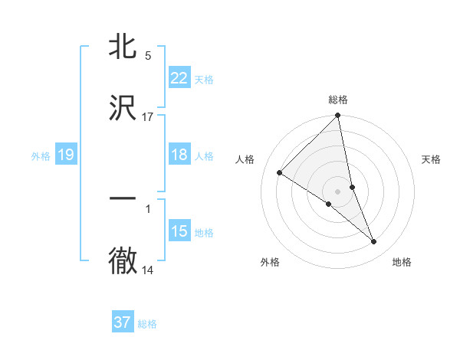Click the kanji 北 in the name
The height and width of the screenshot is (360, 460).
click(123, 47)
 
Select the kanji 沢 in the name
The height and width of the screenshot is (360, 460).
click(123, 108)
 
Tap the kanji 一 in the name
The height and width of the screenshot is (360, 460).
click(123, 198)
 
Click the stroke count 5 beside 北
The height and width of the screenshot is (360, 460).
click(148, 55)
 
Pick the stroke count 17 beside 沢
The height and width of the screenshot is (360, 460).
click(148, 116)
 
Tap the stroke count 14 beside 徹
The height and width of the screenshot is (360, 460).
click(148, 270)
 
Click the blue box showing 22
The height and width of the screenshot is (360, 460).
click(179, 78)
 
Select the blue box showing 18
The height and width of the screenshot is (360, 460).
click(179, 155)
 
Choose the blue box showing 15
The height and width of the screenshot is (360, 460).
click(179, 231)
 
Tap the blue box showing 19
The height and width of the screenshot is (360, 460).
click(65, 155)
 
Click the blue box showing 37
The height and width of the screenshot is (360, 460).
click(123, 322)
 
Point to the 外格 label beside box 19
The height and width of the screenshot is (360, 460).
click(41, 156)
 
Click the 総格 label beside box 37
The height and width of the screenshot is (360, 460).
click(147, 324)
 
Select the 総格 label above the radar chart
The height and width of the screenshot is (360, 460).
click(338, 100)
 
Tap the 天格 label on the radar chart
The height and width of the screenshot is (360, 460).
click(431, 159)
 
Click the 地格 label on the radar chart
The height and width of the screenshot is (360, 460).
click(402, 262)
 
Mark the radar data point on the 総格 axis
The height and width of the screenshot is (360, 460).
click(338, 116)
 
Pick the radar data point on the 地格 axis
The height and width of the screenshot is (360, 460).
click(374, 242)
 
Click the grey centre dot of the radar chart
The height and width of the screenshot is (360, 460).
click(338, 191)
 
